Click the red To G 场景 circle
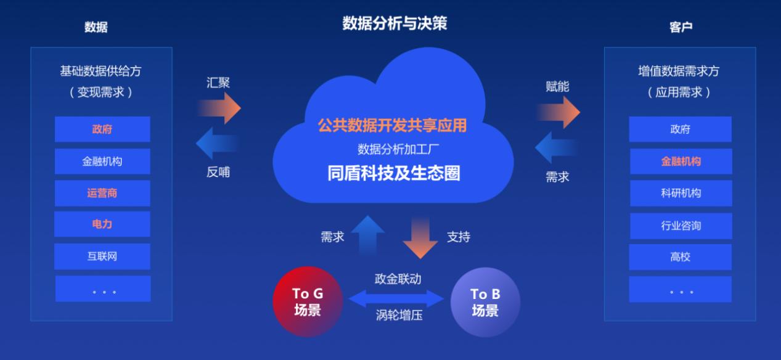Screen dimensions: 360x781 point(308,301)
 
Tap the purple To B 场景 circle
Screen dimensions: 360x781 point(485,302)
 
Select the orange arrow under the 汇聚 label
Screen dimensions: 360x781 point(220,108)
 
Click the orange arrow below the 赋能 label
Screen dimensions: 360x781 point(559,112)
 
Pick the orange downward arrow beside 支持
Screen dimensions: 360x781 point(420,237)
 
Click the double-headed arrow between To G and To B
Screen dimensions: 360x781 point(396,299)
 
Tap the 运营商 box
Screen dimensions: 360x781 point(102,193)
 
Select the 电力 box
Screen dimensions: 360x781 point(102,224)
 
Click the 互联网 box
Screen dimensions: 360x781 point(102,256)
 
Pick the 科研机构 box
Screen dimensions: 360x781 point(681,193)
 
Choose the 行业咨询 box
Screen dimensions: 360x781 point(681,226)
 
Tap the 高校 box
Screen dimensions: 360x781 point(681,257)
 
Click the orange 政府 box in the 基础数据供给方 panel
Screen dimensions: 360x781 point(102,129)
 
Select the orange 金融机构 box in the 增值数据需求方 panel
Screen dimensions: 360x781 point(681,162)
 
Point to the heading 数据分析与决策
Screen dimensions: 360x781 point(395,23)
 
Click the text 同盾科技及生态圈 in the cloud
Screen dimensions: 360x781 point(394,173)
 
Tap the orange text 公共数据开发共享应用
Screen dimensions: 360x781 point(392,126)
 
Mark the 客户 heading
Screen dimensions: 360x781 point(681,27)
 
